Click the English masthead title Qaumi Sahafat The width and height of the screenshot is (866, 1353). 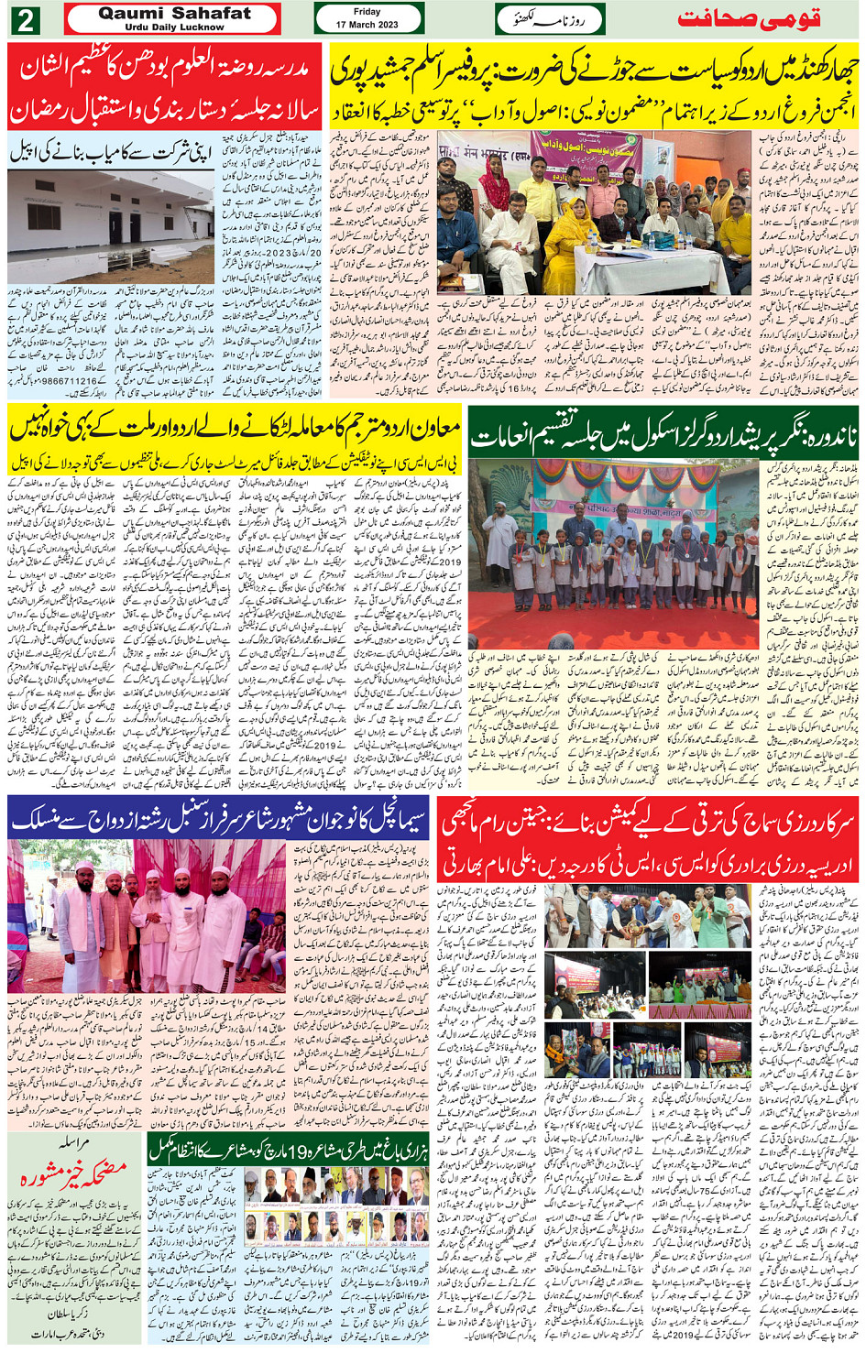point(173,13)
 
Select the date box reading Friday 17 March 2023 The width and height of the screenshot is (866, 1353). point(367,18)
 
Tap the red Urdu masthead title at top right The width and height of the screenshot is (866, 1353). point(749,19)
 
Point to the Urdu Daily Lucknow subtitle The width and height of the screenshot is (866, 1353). point(173,27)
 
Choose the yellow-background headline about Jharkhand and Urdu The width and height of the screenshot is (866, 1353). point(594,85)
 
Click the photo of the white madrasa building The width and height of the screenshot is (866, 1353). point(111,226)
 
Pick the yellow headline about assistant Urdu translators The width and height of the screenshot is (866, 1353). point(234,429)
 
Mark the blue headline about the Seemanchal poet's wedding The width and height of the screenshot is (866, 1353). point(218,818)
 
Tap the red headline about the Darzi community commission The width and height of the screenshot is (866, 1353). point(650,841)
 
